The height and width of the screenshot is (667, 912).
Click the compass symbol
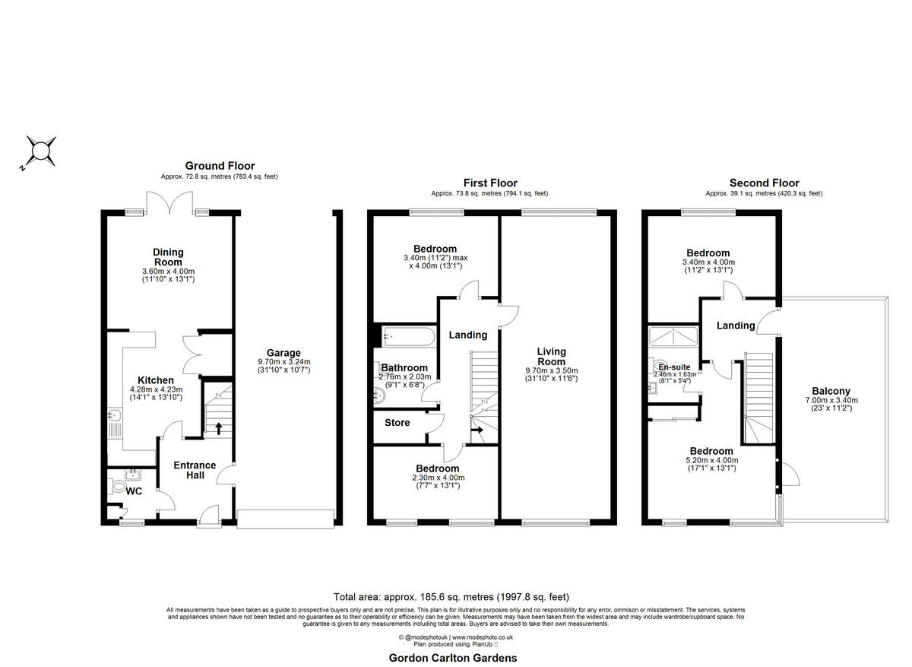coord(40,151)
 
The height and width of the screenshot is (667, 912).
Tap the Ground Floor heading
coord(220,166)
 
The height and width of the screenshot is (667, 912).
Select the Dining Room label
coord(168,257)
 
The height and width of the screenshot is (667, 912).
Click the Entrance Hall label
coord(195,470)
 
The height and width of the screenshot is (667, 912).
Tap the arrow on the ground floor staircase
coord(220,428)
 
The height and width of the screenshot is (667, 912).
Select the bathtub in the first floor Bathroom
coord(407,335)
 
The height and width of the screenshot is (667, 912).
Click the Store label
coord(397,423)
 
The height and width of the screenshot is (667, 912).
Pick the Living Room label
coord(552,357)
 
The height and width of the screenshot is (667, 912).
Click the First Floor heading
coord(490,183)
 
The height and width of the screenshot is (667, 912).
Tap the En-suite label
coord(673,367)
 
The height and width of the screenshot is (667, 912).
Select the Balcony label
coord(831,392)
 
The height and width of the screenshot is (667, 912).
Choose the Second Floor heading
coord(764,183)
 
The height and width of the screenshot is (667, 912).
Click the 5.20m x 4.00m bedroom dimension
coord(711,459)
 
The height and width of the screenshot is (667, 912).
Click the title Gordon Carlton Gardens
coord(453,658)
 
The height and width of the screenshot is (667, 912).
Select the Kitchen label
coord(155,380)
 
